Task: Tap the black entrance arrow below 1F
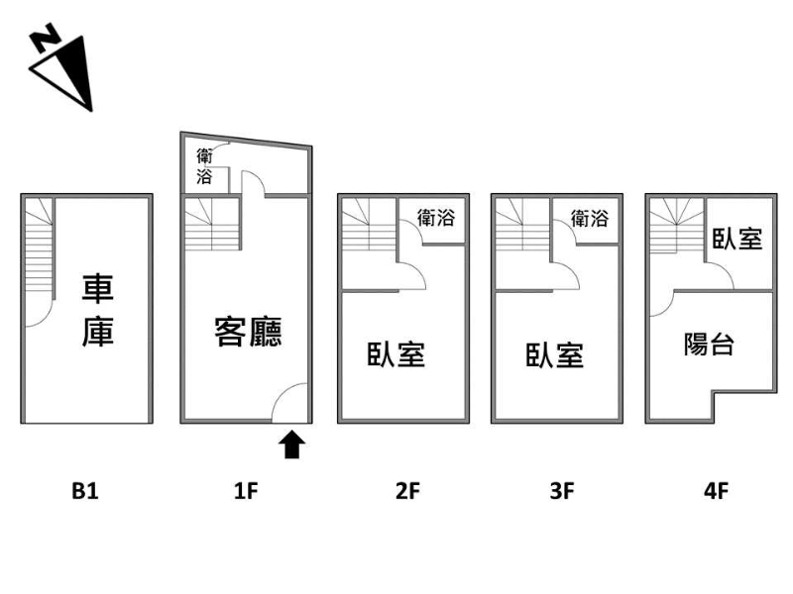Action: click(291, 445)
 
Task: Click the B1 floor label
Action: click(85, 491)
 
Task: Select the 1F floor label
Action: click(246, 491)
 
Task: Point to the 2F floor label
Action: click(407, 491)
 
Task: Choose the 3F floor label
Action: click(562, 491)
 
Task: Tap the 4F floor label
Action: click(716, 491)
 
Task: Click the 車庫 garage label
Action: click(98, 310)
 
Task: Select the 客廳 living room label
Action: click(248, 332)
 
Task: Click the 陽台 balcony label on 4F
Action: click(709, 345)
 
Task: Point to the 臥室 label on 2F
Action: click(396, 354)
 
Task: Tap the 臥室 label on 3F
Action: click(555, 355)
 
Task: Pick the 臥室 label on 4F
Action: click(737, 239)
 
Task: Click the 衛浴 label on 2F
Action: click(436, 218)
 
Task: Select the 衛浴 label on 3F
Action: click(590, 218)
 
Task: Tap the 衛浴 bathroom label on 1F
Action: click(204, 166)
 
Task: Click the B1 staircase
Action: click(39, 247)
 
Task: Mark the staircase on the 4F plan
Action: click(677, 226)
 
